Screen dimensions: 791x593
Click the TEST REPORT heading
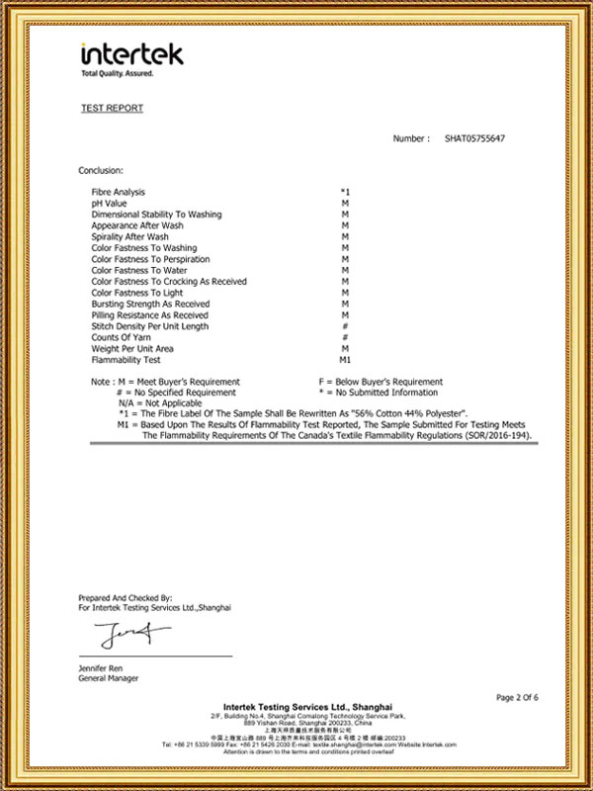coord(112,109)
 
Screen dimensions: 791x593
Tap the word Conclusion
coord(102,170)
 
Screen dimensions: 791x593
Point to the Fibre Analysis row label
coord(119,191)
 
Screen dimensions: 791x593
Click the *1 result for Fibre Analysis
coord(345,191)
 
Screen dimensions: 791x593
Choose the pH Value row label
coord(109,203)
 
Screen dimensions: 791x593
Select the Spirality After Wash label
coord(129,236)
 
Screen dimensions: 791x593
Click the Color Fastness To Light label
coord(137,293)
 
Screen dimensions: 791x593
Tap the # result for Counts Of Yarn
coord(345,337)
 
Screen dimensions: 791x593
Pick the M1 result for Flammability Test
coord(345,360)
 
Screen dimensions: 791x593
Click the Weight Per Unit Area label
coord(132,349)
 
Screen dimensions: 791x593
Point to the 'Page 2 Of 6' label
coord(517,698)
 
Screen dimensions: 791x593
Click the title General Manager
coord(109,679)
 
